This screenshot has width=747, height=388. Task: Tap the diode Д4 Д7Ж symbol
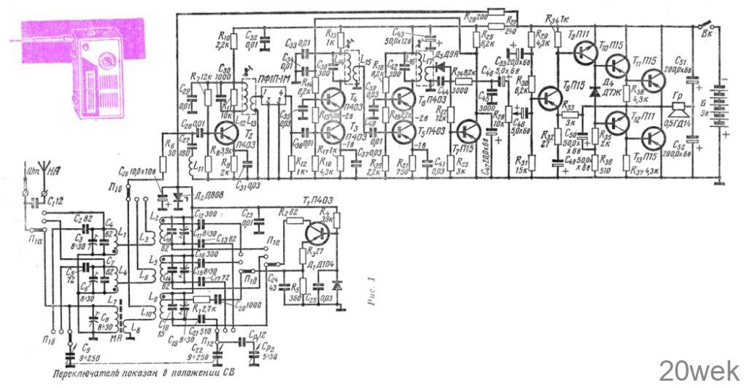pos(594,91)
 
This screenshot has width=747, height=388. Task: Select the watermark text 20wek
pos(699,370)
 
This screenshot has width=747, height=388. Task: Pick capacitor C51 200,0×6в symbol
pos(691,74)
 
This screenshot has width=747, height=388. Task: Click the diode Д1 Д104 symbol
pos(336,281)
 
